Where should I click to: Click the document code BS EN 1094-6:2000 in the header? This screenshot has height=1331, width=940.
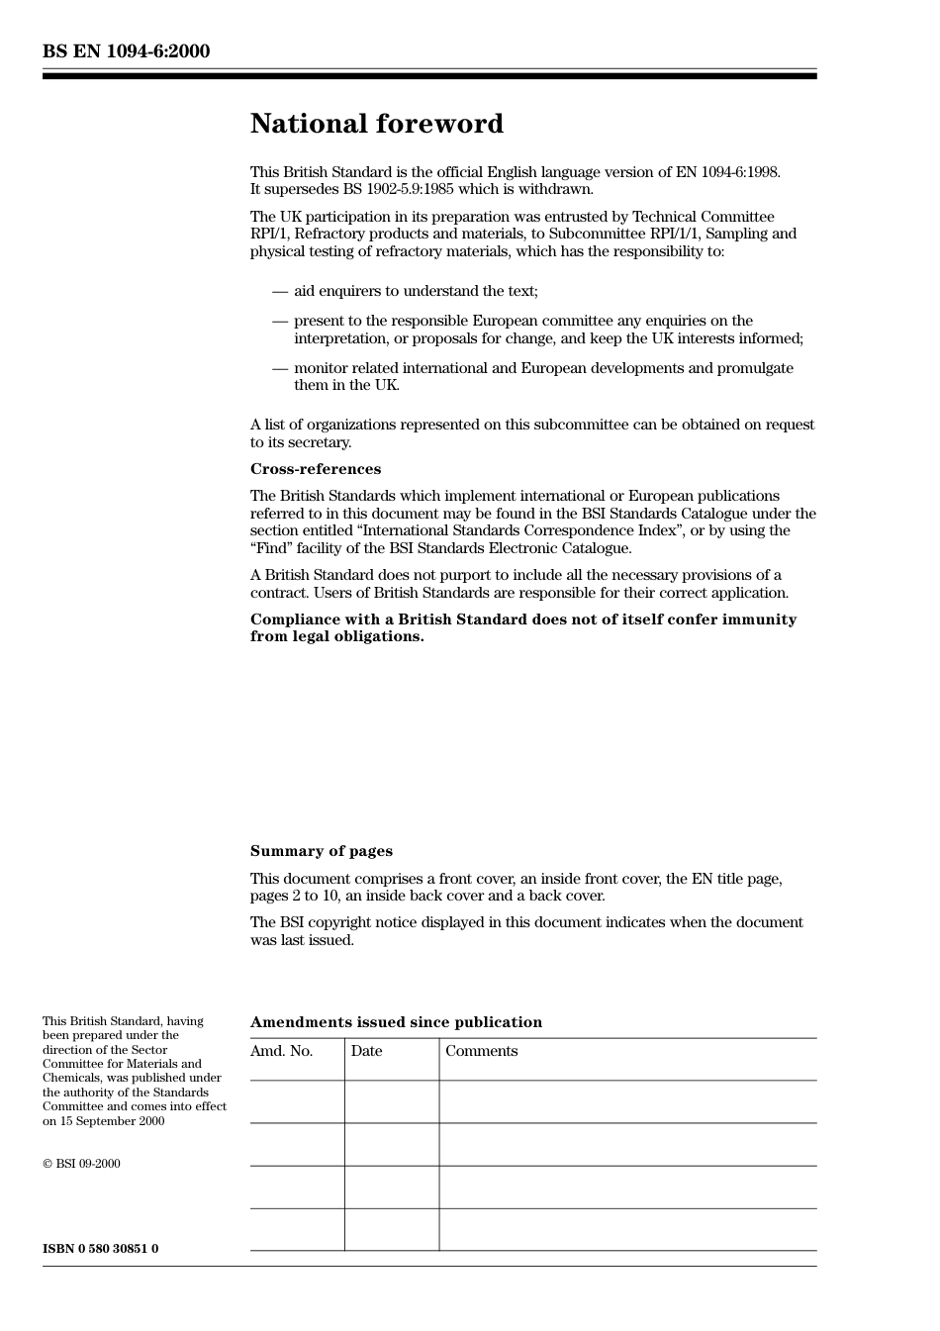click(x=126, y=51)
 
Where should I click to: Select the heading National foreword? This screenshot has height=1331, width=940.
click(x=376, y=124)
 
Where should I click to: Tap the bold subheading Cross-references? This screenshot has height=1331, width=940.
click(x=315, y=469)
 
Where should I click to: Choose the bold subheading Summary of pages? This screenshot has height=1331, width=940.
click(x=321, y=851)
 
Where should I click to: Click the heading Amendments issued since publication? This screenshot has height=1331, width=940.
click(x=396, y=1022)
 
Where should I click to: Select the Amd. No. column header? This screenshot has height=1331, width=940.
click(x=281, y=1051)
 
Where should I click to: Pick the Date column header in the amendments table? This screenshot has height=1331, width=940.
click(x=366, y=1051)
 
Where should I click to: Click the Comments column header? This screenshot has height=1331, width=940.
click(x=481, y=1051)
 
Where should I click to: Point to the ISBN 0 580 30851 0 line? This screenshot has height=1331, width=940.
click(x=100, y=1249)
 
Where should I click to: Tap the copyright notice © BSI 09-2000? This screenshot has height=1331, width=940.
click(x=81, y=1164)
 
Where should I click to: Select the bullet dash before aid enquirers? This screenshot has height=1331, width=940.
click(x=280, y=291)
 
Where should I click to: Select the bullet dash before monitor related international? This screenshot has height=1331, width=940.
click(x=280, y=368)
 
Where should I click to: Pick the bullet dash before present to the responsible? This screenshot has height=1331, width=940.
click(x=280, y=321)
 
